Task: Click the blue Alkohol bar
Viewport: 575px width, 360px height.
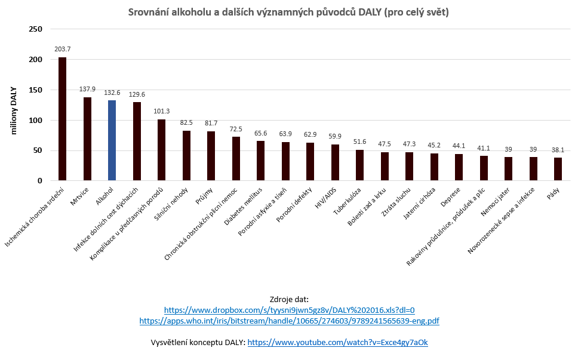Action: click(112, 140)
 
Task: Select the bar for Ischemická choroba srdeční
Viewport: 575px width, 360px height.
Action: click(62, 119)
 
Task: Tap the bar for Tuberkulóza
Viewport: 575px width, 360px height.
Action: click(359, 165)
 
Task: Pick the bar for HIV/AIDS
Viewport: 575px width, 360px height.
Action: click(335, 162)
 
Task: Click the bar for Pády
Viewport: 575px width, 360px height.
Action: click(558, 169)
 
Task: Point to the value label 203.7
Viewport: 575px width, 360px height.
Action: click(62, 49)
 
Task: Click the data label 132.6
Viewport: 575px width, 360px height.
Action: click(112, 93)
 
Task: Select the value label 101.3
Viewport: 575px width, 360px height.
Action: click(161, 111)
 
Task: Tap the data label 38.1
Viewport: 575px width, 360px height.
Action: click(558, 150)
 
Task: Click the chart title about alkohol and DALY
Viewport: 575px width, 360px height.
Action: click(289, 13)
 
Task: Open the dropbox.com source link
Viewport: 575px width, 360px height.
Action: click(289, 310)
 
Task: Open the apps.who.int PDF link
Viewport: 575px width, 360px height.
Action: click(289, 321)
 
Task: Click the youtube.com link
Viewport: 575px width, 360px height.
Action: click(337, 343)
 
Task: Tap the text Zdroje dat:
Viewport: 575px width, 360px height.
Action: click(289, 299)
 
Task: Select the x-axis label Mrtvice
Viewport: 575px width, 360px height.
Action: click(79, 196)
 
